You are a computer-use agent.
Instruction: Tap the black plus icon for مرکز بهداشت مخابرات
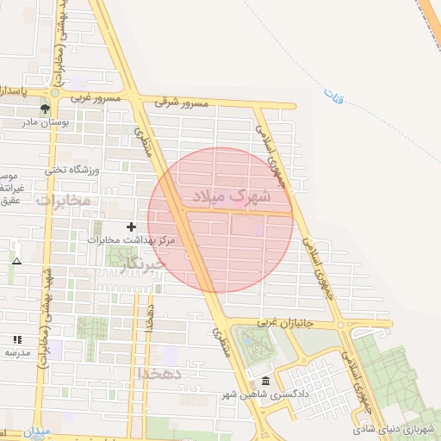[x=131, y=226]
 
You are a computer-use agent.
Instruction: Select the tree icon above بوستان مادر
[x=45, y=109]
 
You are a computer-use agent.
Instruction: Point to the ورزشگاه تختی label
[x=72, y=170]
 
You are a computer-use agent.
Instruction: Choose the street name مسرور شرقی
[x=182, y=102]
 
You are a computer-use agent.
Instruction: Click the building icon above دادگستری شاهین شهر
[x=264, y=382]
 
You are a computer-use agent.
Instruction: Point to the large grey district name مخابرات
[x=63, y=200]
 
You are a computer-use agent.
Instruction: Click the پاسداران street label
[x=17, y=90]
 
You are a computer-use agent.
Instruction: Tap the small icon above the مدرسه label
[x=17, y=340]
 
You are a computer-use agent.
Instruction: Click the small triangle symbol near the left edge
[x=16, y=259]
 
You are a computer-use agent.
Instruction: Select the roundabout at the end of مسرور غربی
[x=55, y=91]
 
